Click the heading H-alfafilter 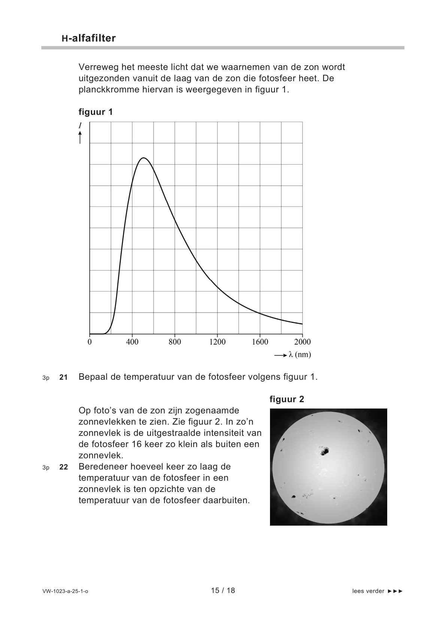[89, 38]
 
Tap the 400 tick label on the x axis [132, 342]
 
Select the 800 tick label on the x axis [175, 342]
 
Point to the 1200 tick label [218, 342]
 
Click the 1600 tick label [260, 342]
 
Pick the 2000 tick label [303, 342]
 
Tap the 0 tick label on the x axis [89, 342]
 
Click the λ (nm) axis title [300, 355]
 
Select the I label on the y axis [80, 126]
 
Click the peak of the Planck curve [143, 158]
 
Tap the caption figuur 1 [95, 112]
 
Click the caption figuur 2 [287, 399]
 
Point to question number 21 [64, 377]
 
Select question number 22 [64, 467]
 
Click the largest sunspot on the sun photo [324, 451]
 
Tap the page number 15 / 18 [223, 590]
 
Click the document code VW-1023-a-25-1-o [66, 591]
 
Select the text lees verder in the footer [368, 591]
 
